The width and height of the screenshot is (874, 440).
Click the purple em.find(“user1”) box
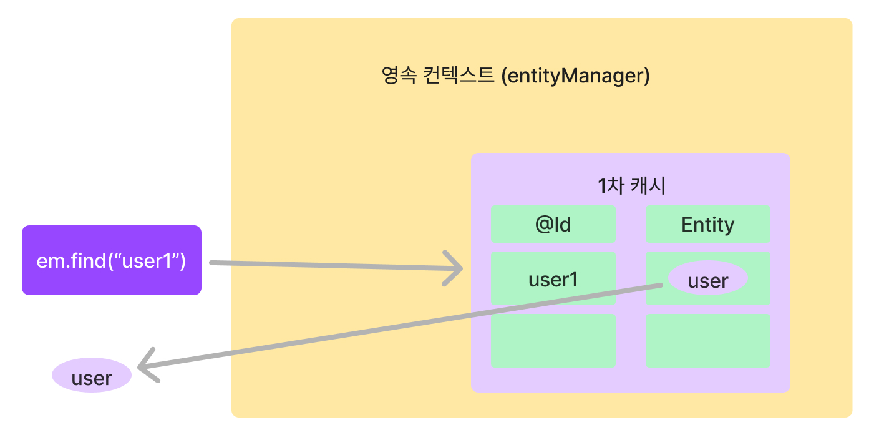pyautogui.click(x=111, y=260)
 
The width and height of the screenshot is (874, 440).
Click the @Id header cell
pyautogui.click(x=553, y=225)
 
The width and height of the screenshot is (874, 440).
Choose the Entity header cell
pyautogui.click(x=708, y=225)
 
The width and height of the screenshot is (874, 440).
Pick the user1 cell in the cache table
pyautogui.click(x=553, y=280)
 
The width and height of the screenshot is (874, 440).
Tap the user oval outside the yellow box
pyautogui.click(x=92, y=378)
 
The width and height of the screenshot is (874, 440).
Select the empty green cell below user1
pyautogui.click(x=553, y=341)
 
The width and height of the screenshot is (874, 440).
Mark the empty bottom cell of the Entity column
pyautogui.click(x=708, y=341)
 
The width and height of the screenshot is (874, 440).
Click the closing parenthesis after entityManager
pyautogui.click(x=646, y=76)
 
